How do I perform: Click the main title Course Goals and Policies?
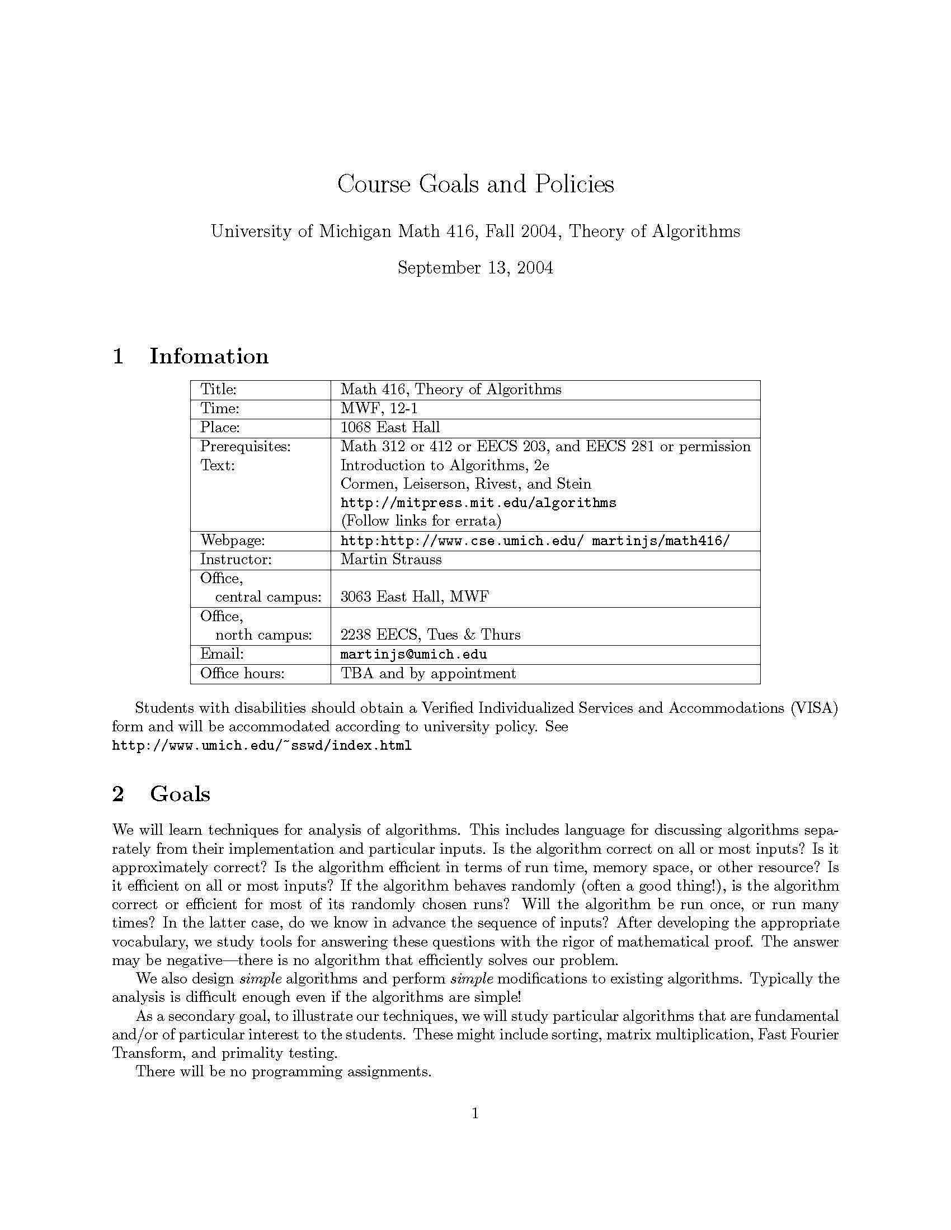pos(475,184)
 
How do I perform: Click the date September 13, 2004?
pos(475,267)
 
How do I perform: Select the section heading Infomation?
pos(209,356)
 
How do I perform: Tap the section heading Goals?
pos(180,793)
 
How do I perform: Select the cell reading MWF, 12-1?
pos(379,408)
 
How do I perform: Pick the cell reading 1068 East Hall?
pos(390,428)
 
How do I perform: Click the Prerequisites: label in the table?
pos(245,447)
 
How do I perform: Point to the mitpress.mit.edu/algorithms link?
pos(478,503)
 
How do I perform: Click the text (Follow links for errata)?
pos(421,521)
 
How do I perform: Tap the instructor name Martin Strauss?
pos(391,559)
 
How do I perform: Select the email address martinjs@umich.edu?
pos(413,655)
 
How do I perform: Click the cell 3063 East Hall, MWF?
pos(415,597)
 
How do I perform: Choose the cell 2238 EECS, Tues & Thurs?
pos(430,635)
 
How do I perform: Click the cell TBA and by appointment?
pos(428,674)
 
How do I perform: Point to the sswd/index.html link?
pos(262,746)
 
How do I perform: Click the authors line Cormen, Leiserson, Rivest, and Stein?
pos(466,484)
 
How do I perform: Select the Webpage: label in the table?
pos(232,541)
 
